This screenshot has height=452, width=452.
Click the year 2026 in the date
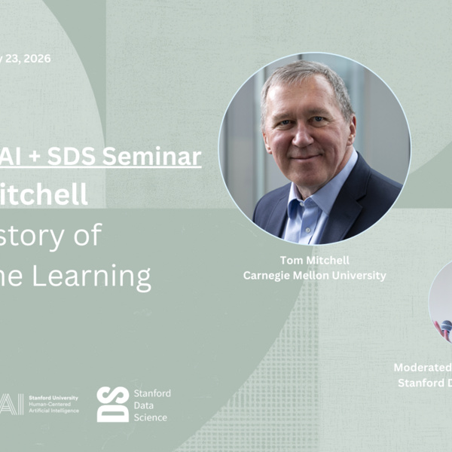36,59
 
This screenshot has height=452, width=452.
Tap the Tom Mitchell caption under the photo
314,261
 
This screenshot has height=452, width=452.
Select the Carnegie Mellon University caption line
314,276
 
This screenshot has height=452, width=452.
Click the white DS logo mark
112,405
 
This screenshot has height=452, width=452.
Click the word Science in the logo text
150,417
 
